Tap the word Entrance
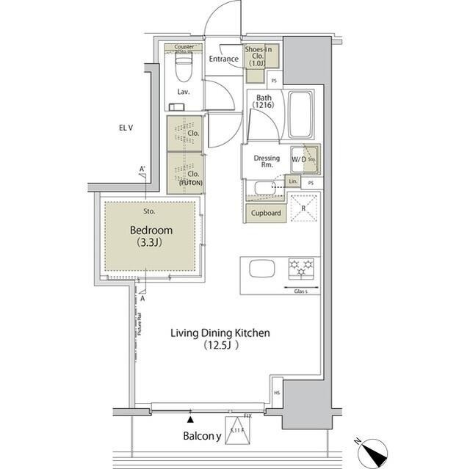click(x=223, y=59)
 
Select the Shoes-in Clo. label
click(x=258, y=55)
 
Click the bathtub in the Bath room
click(x=301, y=114)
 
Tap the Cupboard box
click(x=266, y=213)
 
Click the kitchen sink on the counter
click(x=261, y=269)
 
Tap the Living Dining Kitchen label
click(x=220, y=338)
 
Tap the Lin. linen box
click(x=292, y=181)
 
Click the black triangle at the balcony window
click(x=191, y=419)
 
